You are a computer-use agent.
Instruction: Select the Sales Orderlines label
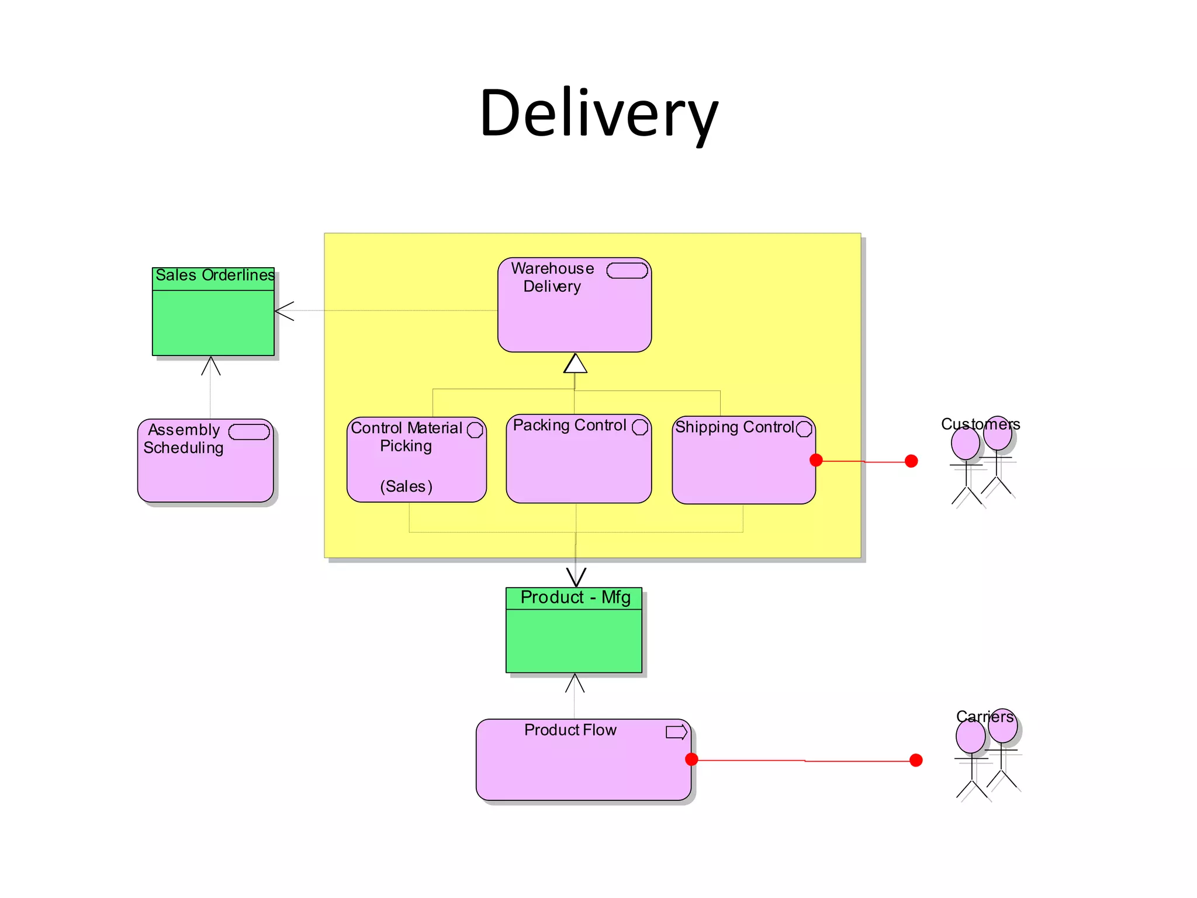215,275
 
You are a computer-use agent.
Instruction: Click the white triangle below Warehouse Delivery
575,364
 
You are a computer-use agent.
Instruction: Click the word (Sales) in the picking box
406,486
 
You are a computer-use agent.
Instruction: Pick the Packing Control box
579,465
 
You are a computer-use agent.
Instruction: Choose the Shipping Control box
743,468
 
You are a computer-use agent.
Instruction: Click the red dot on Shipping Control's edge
817,461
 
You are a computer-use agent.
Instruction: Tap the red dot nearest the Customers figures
911,461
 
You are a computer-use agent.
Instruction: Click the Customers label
980,424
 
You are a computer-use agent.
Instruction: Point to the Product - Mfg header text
575,597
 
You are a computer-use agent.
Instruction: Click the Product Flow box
583,766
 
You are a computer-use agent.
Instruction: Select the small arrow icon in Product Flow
676,732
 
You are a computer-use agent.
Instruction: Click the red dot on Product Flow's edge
691,759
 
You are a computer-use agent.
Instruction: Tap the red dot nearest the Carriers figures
916,760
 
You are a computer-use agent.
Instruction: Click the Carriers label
985,717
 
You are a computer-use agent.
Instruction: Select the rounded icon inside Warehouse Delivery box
627,271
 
